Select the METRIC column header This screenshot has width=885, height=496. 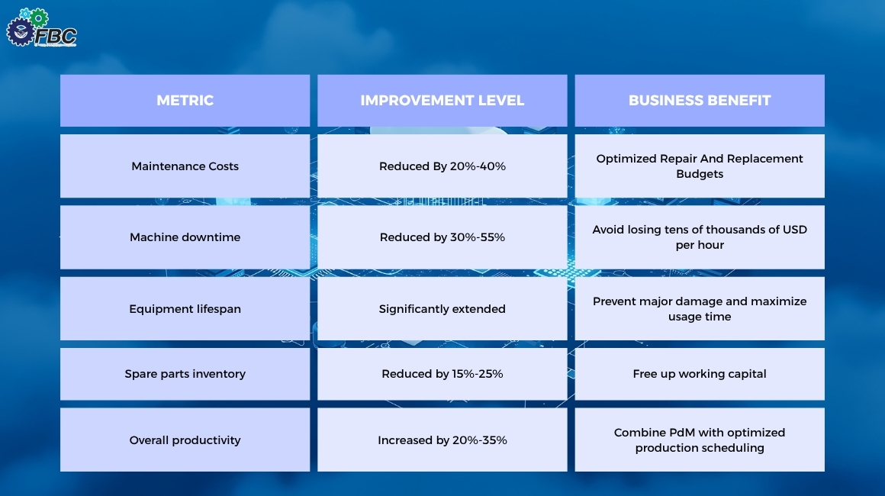(x=185, y=100)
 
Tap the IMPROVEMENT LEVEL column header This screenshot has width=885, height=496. (x=442, y=100)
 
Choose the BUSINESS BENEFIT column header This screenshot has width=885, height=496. (x=699, y=100)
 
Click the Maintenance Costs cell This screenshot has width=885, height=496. (x=185, y=166)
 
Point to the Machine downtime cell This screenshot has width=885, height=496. (x=185, y=237)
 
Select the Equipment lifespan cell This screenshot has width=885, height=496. (x=185, y=309)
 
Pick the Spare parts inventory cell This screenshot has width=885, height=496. (x=185, y=374)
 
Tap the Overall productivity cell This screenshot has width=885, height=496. (x=185, y=440)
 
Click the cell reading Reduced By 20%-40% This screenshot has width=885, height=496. (x=442, y=166)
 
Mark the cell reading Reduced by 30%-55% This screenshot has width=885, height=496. (x=442, y=237)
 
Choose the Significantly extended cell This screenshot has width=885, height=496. (x=442, y=309)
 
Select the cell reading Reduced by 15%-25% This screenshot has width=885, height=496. (x=442, y=374)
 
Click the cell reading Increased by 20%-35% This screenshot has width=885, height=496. (x=442, y=440)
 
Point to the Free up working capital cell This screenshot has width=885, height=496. (x=699, y=374)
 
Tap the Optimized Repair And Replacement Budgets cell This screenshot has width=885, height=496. (x=699, y=166)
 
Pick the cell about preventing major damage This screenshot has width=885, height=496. (x=699, y=309)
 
